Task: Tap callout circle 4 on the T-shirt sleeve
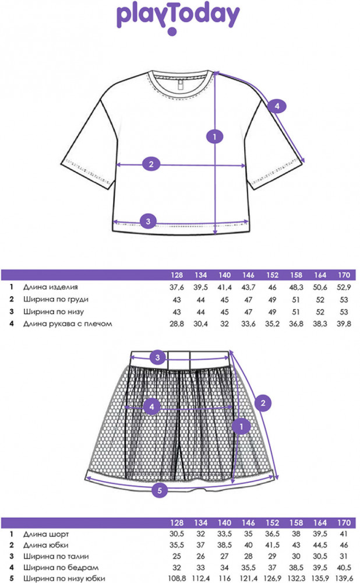point(277,106)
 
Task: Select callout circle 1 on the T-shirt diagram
point(215,137)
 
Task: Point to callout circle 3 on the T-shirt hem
point(149,221)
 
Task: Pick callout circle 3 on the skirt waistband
point(157,357)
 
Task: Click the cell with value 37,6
point(176,287)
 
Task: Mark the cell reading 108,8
point(176,578)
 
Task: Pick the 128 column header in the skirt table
point(176,522)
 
